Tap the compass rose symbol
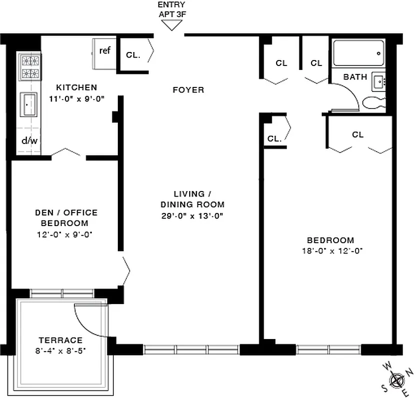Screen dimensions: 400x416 tap(398, 380)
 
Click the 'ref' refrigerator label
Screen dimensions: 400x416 tap(105, 50)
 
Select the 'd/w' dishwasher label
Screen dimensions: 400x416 tap(29, 140)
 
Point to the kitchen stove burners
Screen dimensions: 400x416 tap(29, 67)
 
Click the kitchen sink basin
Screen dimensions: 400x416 tap(28, 104)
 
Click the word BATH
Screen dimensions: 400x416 tap(355, 77)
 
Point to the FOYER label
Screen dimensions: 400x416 tap(188, 90)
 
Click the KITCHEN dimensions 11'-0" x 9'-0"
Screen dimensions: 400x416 tap(76, 99)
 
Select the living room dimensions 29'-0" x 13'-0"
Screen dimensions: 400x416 tap(192, 216)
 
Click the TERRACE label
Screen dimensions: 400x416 tap(59, 340)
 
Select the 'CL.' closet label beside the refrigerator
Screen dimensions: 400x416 tap(133, 55)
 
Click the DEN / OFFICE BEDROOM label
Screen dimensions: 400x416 tap(66, 218)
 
